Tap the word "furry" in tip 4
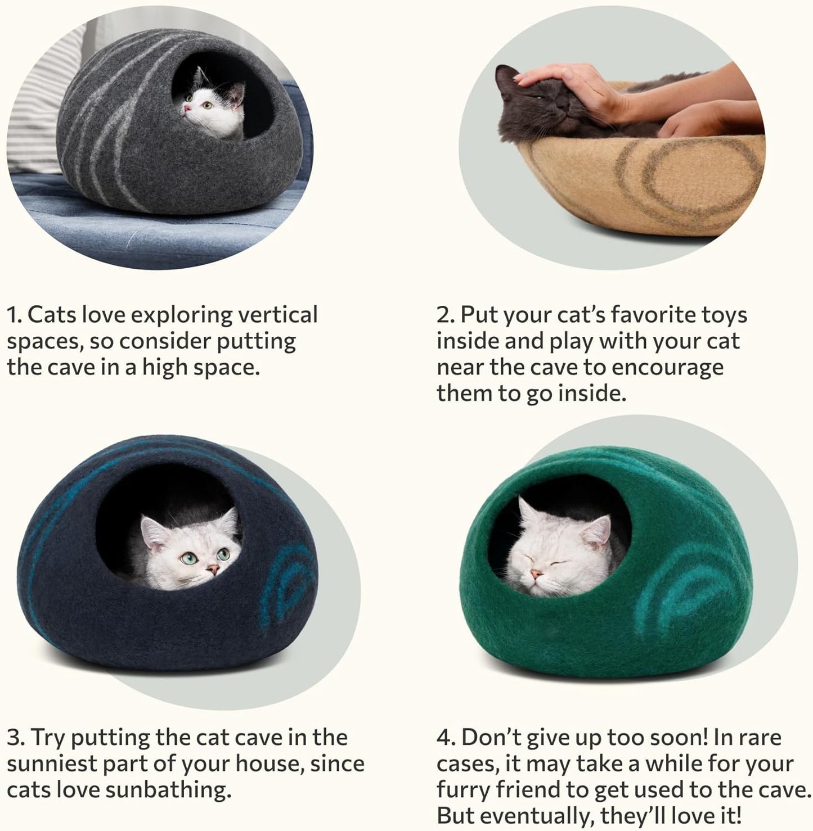click(463, 790)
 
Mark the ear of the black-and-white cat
click(238, 93)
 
